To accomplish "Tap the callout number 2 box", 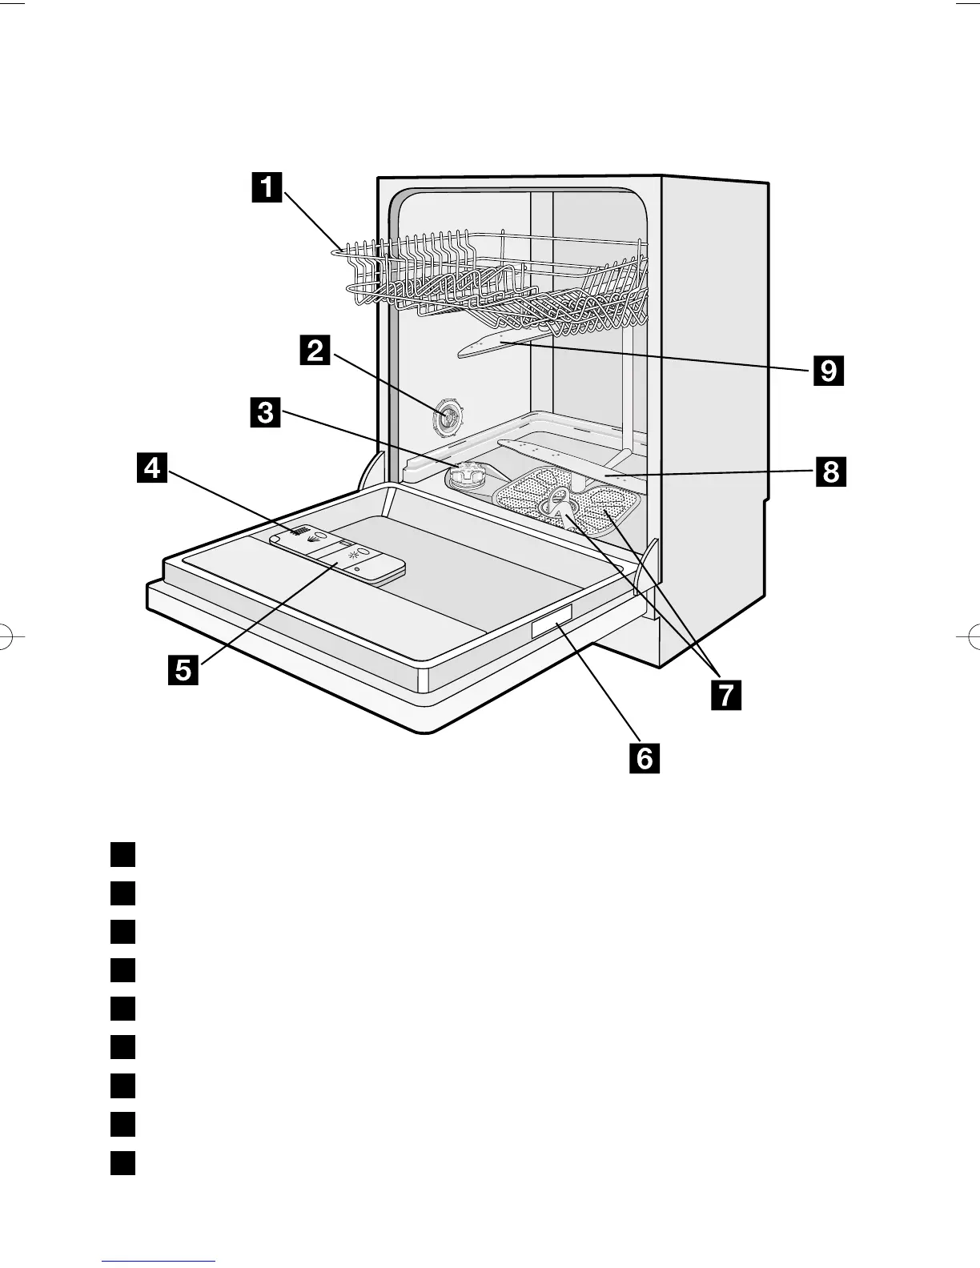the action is [316, 350].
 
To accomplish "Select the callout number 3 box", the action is [264, 414].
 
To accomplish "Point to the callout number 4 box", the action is [152, 467].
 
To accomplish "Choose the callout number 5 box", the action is [183, 669].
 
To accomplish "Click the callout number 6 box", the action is [645, 756].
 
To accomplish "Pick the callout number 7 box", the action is [725, 694].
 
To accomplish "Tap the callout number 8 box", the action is [830, 472].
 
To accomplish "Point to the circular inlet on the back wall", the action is [449, 417].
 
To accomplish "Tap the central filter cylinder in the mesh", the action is [557, 504].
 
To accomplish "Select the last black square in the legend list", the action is [122, 1162].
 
